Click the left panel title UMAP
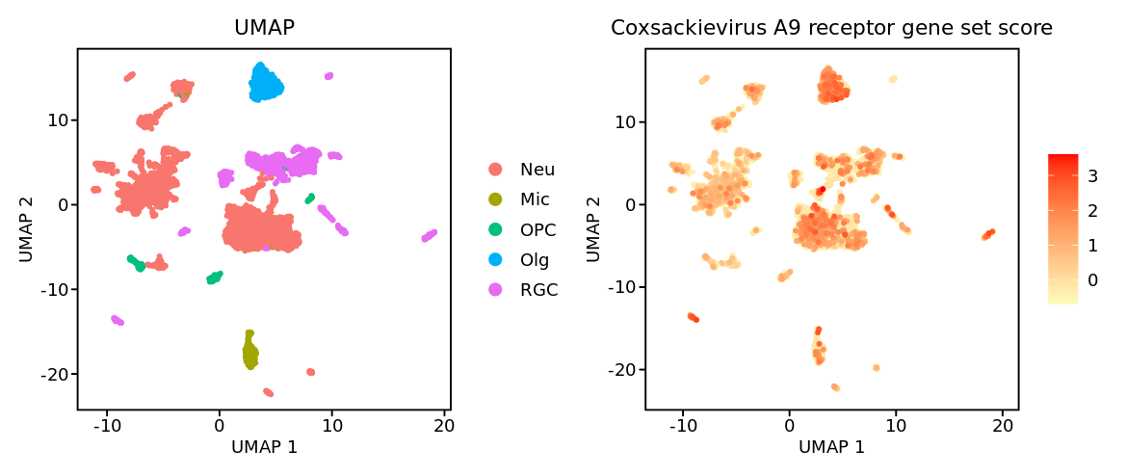[264, 28]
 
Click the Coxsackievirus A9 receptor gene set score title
[831, 28]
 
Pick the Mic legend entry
[535, 199]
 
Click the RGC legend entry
[538, 289]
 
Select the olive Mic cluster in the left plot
[249, 351]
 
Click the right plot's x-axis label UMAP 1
[831, 447]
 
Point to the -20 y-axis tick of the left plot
[52, 374]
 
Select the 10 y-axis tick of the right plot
[625, 121]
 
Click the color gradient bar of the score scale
[1062, 229]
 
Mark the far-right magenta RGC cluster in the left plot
[430, 235]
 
